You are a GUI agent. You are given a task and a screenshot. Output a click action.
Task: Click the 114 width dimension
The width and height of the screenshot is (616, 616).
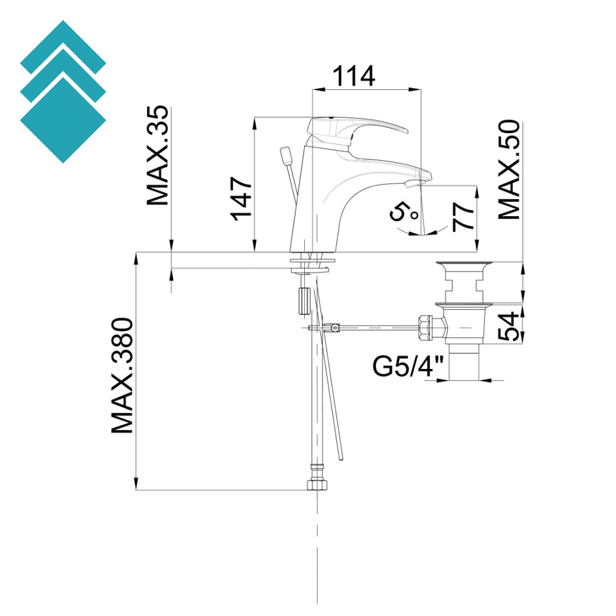[x=354, y=77]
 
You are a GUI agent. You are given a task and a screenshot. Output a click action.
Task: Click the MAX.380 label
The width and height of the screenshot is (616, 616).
[x=122, y=376]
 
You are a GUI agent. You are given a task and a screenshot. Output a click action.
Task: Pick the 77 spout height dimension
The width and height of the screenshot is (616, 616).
[x=463, y=215]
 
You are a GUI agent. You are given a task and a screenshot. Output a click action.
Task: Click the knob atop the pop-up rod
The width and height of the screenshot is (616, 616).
[x=286, y=155]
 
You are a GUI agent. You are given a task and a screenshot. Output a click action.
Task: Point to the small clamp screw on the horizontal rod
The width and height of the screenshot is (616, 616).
[x=334, y=328]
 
